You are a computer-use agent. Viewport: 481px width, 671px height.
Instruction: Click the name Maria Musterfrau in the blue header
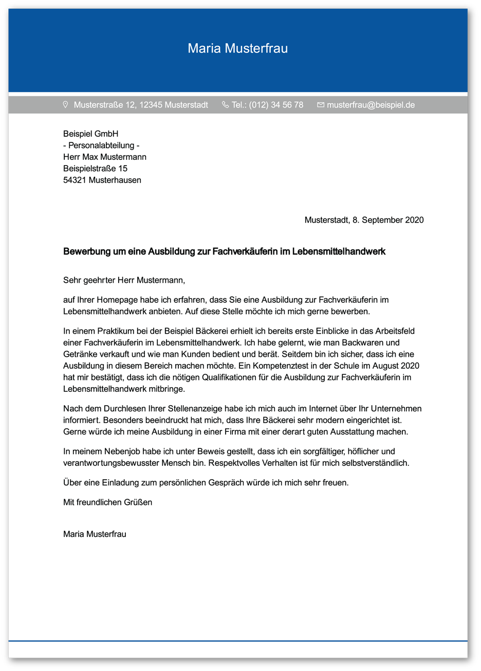[x=237, y=48]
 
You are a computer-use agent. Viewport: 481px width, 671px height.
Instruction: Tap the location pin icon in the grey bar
[x=65, y=104]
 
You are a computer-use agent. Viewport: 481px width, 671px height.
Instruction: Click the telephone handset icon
[x=225, y=104]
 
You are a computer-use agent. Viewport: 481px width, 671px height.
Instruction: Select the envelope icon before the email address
[x=321, y=105]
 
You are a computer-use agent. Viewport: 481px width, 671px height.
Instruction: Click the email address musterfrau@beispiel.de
[x=371, y=105]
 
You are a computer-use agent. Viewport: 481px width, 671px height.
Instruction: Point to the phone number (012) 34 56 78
[x=276, y=105]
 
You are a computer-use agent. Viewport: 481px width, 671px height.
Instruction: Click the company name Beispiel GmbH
[x=90, y=134]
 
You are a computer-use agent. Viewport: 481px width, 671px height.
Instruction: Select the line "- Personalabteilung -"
[x=101, y=146]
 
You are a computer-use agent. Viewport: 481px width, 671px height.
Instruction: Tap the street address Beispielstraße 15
[x=95, y=169]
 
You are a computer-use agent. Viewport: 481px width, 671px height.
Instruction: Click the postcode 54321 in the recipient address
[x=75, y=180]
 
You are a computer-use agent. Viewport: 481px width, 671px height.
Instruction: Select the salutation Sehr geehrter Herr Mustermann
[x=123, y=280]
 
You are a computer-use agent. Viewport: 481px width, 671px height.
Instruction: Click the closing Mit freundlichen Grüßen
[x=107, y=502]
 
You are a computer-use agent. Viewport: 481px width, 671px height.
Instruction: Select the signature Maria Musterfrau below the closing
[x=95, y=534]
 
